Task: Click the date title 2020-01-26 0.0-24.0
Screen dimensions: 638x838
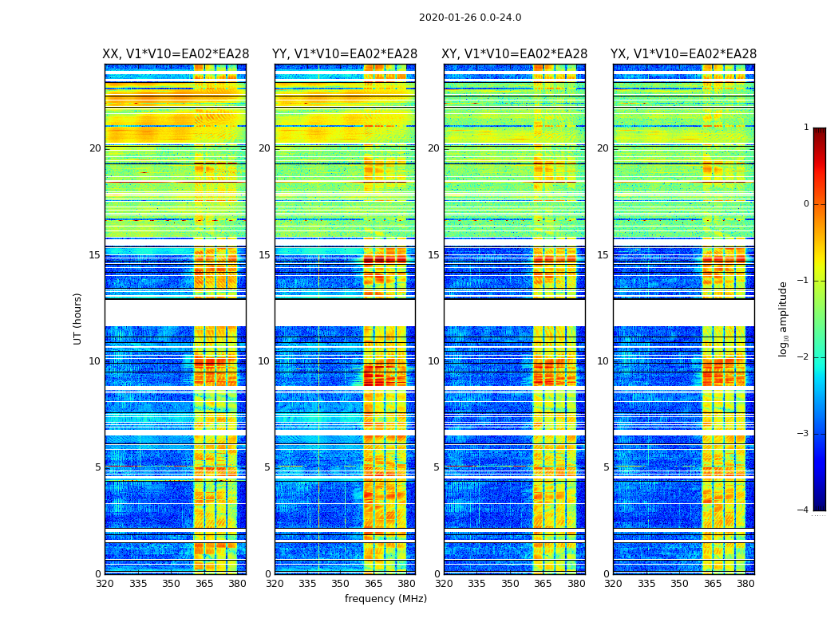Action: coord(470,18)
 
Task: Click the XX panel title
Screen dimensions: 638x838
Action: coord(176,54)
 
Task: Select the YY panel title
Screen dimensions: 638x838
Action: coord(345,54)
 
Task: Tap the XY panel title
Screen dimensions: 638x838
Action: coord(515,54)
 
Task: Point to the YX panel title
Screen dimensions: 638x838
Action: coord(684,54)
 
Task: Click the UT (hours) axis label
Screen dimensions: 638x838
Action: coord(77,318)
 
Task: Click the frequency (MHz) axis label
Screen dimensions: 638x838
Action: coord(385,599)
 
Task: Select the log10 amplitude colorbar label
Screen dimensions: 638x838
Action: coord(784,318)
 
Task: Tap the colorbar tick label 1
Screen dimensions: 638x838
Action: coord(805,128)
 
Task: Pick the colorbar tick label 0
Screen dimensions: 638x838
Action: coord(805,204)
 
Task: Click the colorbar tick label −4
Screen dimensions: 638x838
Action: coord(803,510)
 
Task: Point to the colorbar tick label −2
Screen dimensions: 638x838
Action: coord(803,357)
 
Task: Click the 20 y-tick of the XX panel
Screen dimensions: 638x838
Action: coord(95,148)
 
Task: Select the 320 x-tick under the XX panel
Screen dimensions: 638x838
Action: coord(105,584)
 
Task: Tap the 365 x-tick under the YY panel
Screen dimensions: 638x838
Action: coord(374,584)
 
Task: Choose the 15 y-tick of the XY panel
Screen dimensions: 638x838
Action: coord(434,255)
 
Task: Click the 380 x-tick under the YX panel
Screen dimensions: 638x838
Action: coord(745,584)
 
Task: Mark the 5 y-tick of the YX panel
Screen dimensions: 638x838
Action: coord(607,467)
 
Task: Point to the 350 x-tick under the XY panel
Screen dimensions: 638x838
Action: coord(510,584)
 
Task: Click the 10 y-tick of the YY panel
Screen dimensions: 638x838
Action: coord(264,361)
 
